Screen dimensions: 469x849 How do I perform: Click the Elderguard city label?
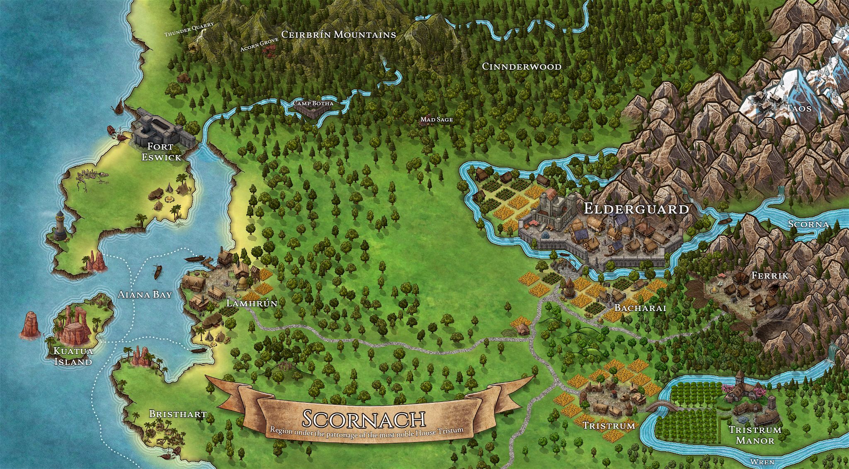coord(636,209)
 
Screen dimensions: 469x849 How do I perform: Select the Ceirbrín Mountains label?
coord(338,34)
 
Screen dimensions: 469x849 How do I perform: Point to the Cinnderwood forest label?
coord(522,66)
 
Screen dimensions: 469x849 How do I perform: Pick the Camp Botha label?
coord(313,103)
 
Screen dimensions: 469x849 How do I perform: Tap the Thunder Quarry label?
coord(189,29)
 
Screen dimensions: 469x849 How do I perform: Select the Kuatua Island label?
coord(73,356)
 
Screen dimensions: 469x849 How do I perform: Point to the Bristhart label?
coord(177,414)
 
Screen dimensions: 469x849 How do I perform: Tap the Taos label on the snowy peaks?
coord(799,108)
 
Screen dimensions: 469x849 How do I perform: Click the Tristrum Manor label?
coord(755,435)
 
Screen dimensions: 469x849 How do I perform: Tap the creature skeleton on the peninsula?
coord(92,180)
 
